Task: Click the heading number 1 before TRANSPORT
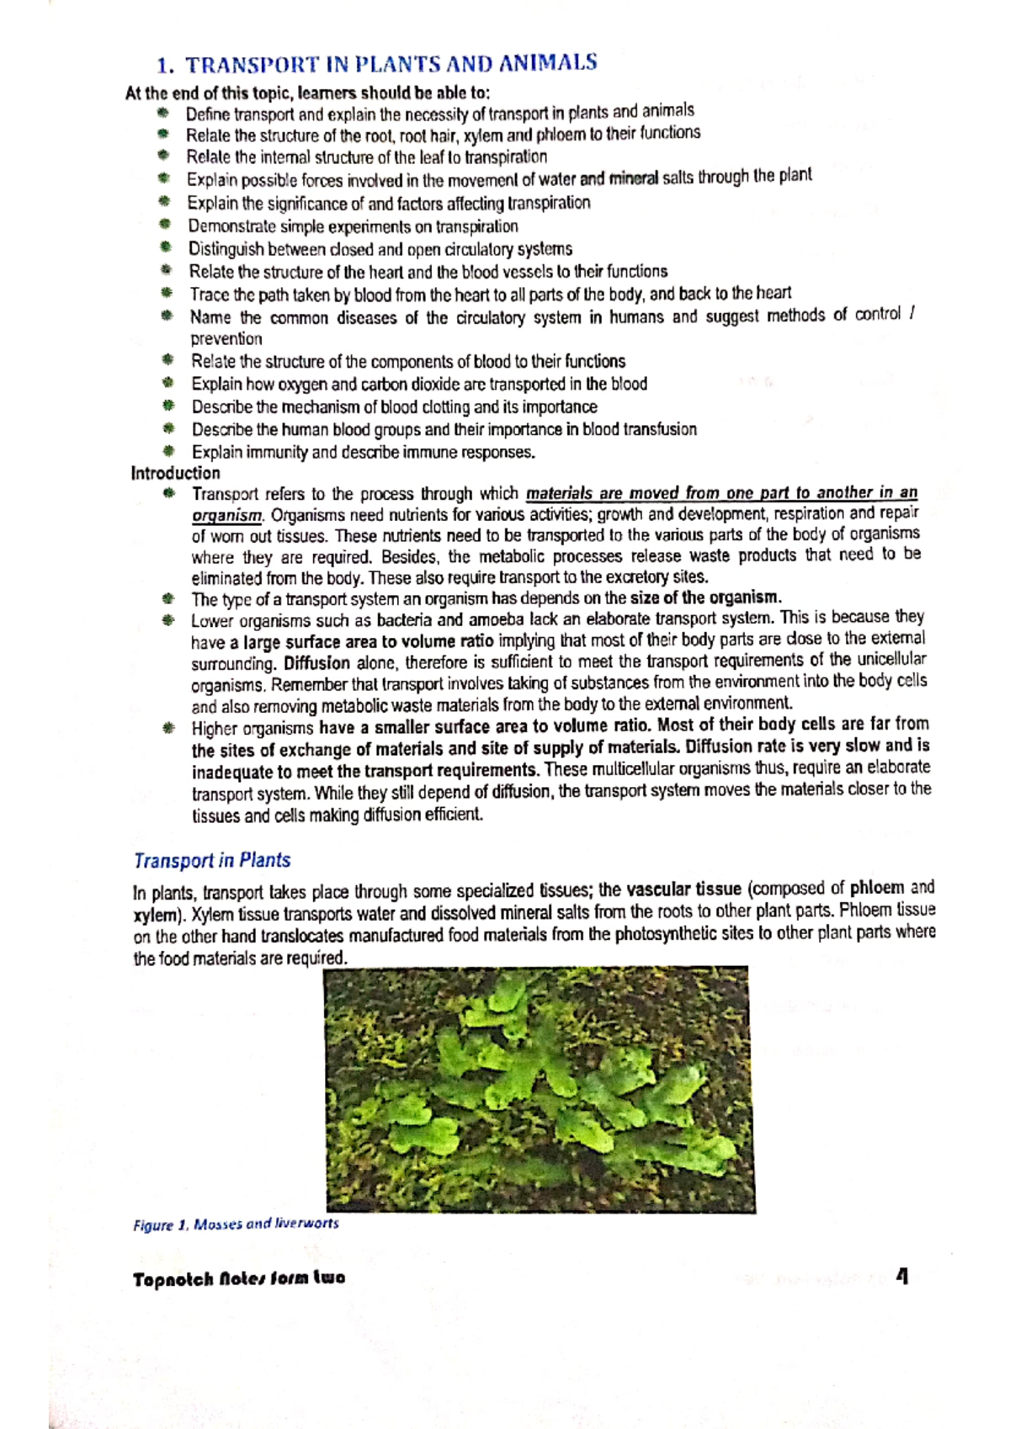point(165,66)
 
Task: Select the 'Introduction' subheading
point(175,473)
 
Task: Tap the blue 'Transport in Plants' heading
point(212,860)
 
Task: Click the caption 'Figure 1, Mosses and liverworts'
point(236,1224)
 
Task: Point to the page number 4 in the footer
point(902,1277)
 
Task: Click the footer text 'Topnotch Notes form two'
point(238,1278)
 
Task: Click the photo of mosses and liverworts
point(539,1089)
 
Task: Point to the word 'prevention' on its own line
point(226,339)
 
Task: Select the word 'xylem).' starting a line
point(160,914)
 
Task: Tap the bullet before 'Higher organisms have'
point(169,728)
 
